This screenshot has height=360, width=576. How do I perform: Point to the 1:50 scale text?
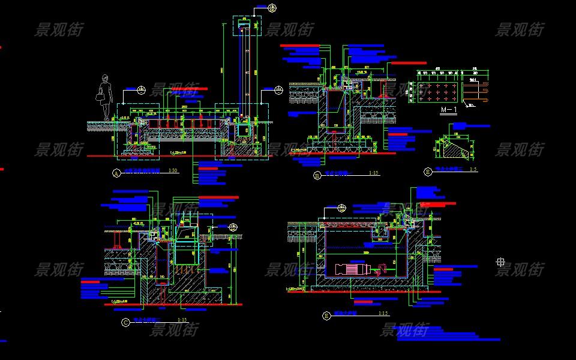point(173,171)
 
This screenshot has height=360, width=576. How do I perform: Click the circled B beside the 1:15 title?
point(317,175)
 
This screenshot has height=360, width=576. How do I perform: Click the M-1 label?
point(449,110)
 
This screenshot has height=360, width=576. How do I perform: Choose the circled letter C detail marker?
point(125,322)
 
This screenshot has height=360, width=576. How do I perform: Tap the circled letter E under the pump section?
point(326,315)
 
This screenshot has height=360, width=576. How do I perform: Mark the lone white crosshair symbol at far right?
point(500,262)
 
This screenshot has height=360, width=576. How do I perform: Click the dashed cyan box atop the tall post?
point(247,25)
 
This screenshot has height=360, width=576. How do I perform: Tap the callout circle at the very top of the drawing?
point(272,8)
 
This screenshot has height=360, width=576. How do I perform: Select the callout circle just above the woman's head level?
point(142,91)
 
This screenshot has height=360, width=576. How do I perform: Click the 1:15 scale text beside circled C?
point(182,320)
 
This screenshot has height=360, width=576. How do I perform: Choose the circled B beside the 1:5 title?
point(428,172)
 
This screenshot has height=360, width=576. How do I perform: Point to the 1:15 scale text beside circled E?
point(383,313)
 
